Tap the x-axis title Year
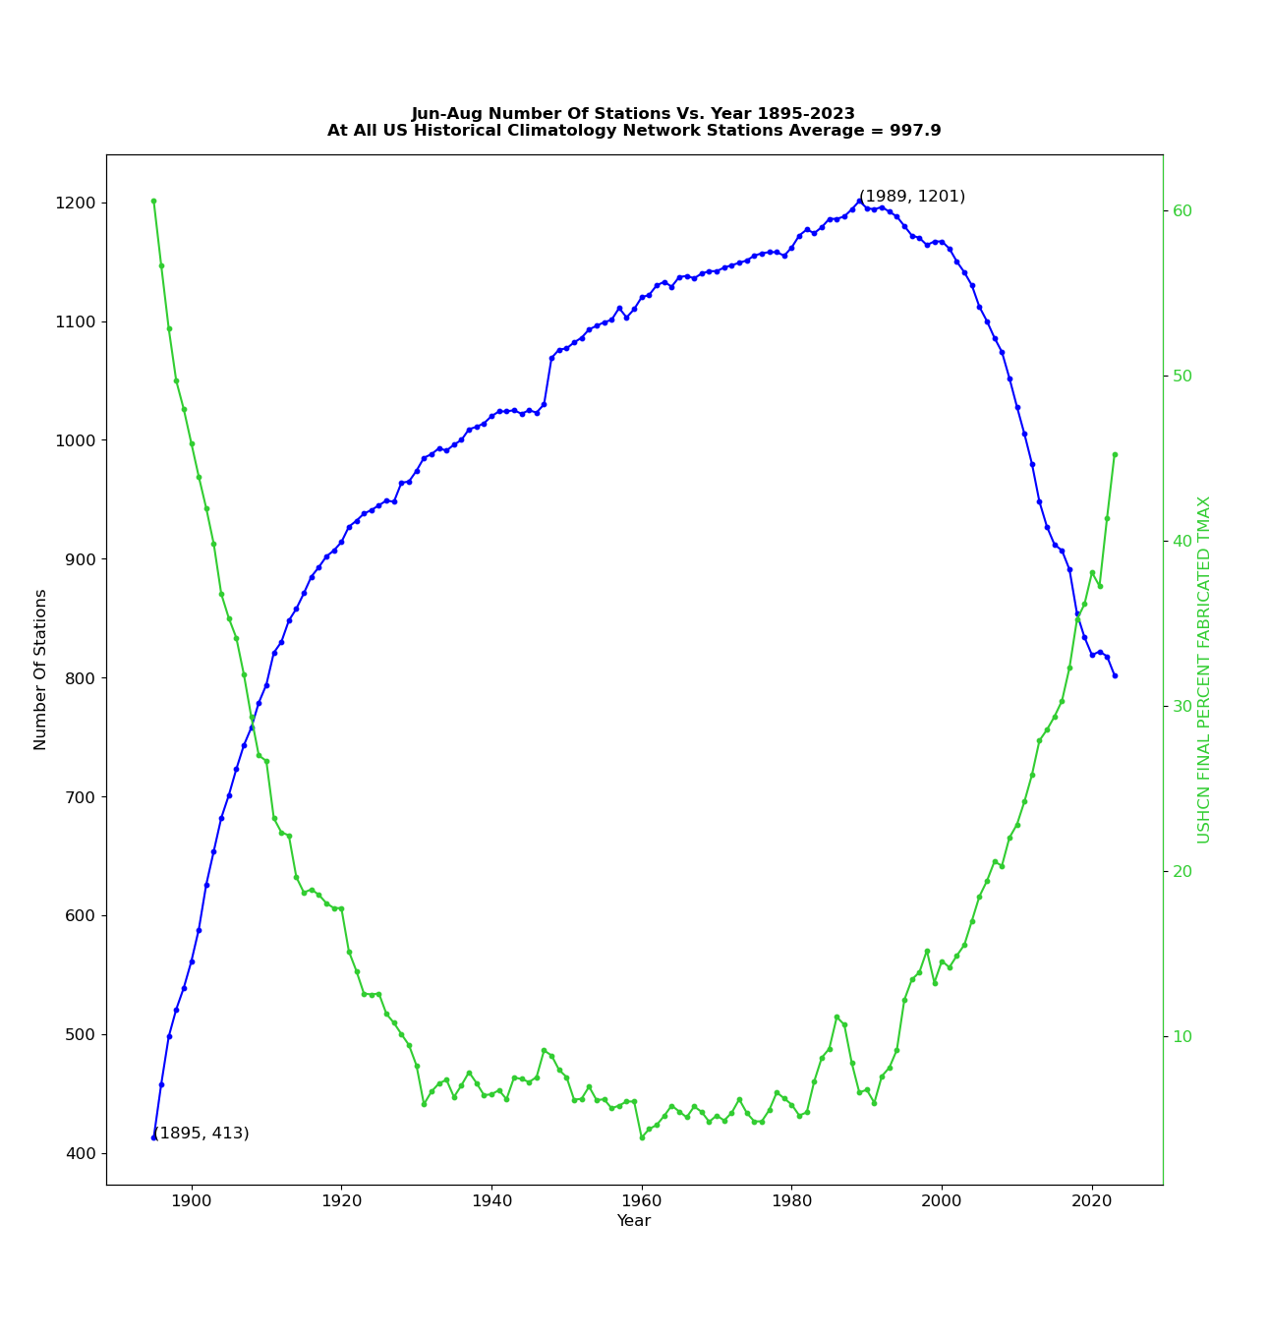[633, 1221]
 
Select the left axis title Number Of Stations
[40, 669]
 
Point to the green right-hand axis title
[1203, 669]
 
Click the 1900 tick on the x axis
[192, 1200]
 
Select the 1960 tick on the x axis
[642, 1200]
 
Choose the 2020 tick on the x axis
[1092, 1200]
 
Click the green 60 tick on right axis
[1182, 211]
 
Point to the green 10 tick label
[1182, 1037]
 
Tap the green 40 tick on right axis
[1182, 542]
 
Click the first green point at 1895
[153, 201]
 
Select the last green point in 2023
[1115, 454]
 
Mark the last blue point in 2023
[1115, 675]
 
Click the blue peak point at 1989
[859, 202]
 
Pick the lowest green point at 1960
[642, 1137]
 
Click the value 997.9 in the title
[918, 131]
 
